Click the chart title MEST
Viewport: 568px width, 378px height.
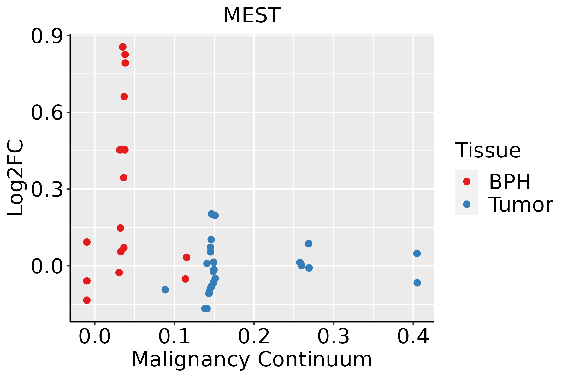[x=252, y=15]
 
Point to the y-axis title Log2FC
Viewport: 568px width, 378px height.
[x=16, y=178]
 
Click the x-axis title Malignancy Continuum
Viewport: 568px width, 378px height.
[x=252, y=359]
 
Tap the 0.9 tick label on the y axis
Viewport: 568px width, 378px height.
[x=46, y=37]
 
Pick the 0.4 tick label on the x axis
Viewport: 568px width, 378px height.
[x=413, y=336]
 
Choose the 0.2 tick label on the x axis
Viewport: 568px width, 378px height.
[x=254, y=336]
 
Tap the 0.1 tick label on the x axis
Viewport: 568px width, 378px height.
[x=174, y=336]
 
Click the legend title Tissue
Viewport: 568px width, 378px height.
[x=488, y=151]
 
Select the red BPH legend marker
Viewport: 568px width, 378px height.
[x=466, y=181]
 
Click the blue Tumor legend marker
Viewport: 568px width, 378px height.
[x=466, y=204]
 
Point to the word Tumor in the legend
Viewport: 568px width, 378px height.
[x=521, y=205]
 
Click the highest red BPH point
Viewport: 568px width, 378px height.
[x=123, y=47]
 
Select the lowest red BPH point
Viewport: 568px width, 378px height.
[x=87, y=300]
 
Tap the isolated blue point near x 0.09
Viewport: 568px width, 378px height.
[x=165, y=289]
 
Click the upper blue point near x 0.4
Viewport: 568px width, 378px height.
[x=417, y=253]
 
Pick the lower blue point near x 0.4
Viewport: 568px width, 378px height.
[x=417, y=283]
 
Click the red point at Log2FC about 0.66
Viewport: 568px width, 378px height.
[x=124, y=97]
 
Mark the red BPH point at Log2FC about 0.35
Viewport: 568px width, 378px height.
[x=124, y=178]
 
